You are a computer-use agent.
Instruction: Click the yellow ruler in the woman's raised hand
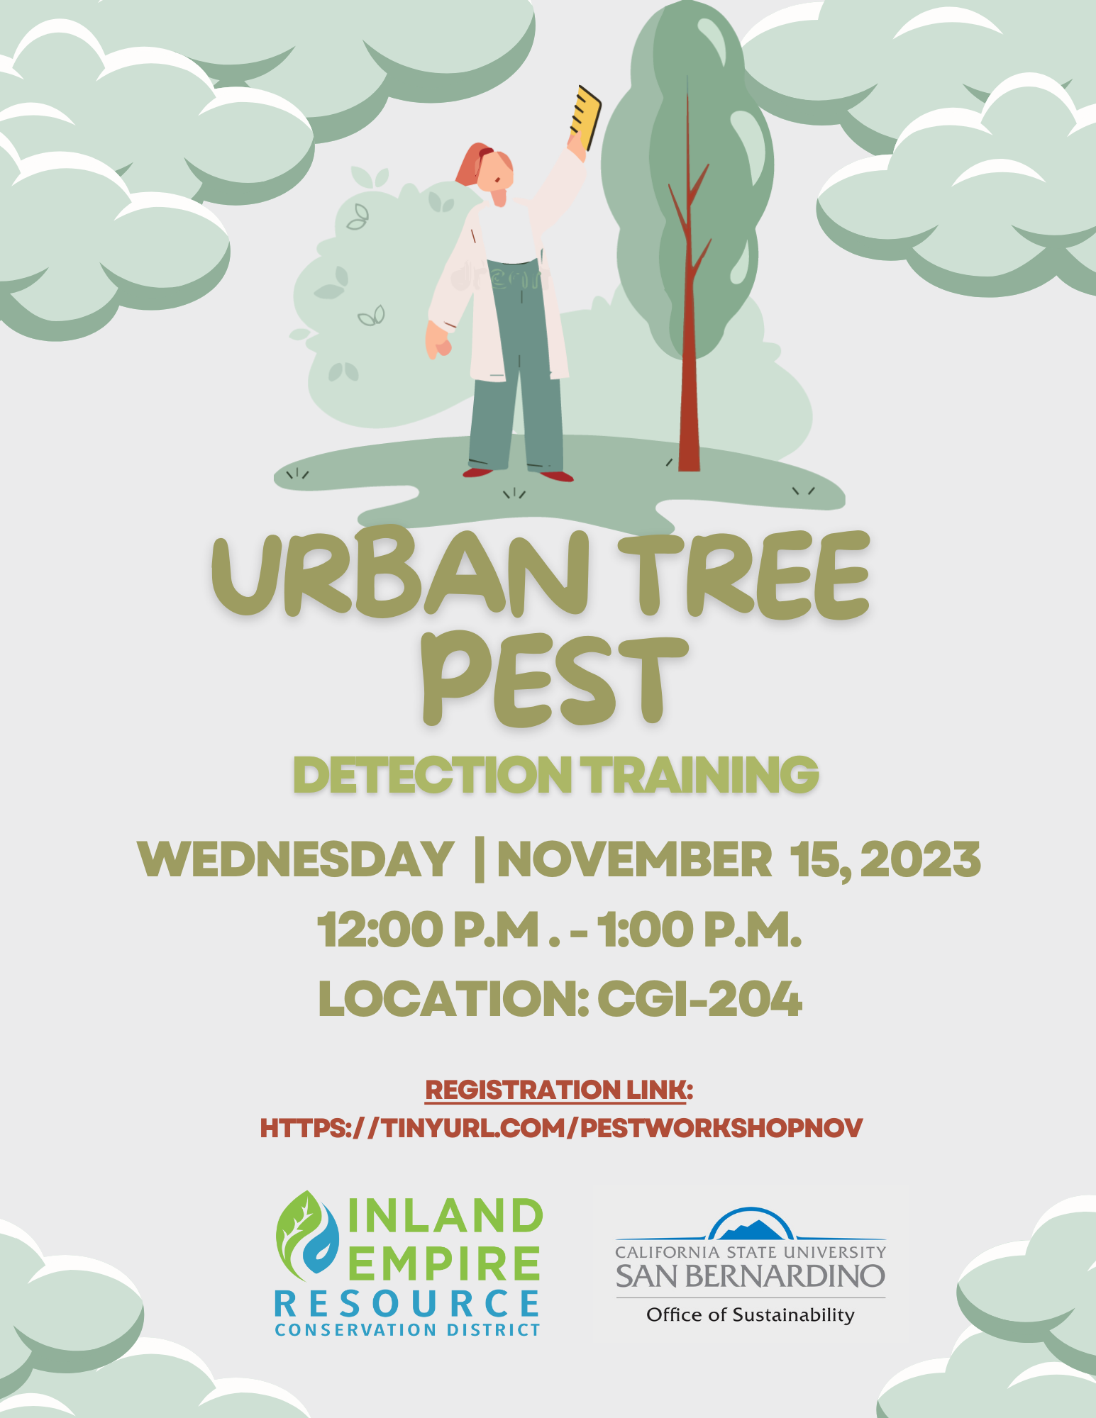[585, 118]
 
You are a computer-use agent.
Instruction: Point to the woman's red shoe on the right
[558, 476]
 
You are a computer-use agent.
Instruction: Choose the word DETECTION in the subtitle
[433, 775]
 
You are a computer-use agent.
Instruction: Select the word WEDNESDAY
[296, 860]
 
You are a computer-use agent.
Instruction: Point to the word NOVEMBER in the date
[634, 860]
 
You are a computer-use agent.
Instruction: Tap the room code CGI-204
[699, 999]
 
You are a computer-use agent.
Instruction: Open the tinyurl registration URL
[561, 1128]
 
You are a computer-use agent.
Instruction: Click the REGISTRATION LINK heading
[558, 1090]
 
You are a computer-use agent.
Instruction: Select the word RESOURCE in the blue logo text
[407, 1304]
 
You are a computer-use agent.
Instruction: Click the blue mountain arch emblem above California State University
[751, 1225]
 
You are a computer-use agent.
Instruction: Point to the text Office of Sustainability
[751, 1315]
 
